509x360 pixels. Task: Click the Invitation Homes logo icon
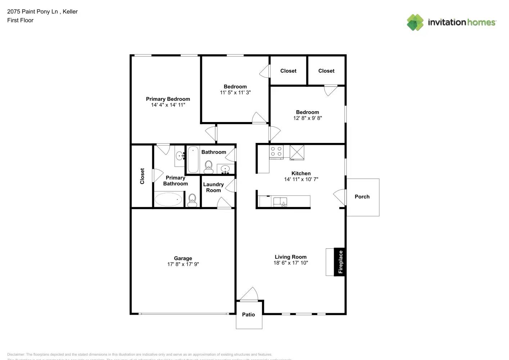pos(415,22)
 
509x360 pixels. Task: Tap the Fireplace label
pos(340,262)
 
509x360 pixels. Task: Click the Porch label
pos(362,197)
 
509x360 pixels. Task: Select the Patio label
pos(248,315)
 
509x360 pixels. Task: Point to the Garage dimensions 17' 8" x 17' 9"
pos(183,264)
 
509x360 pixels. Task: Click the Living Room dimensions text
pos(290,263)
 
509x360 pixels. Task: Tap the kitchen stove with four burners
pos(276,151)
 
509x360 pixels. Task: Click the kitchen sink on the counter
pos(280,202)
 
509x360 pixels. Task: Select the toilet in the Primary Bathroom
pos(192,200)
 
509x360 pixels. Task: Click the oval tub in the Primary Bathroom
pos(168,199)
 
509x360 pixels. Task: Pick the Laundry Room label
pos(213,187)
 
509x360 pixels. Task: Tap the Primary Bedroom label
pos(168,99)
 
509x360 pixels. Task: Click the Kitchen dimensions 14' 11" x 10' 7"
pos(301,179)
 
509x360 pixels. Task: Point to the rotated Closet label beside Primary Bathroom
pos(142,176)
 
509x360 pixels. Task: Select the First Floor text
pos(20,20)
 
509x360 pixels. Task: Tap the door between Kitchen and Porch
pos(340,197)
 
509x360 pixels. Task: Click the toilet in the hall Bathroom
pos(208,167)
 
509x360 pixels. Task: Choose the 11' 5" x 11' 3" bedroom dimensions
pos(235,93)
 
